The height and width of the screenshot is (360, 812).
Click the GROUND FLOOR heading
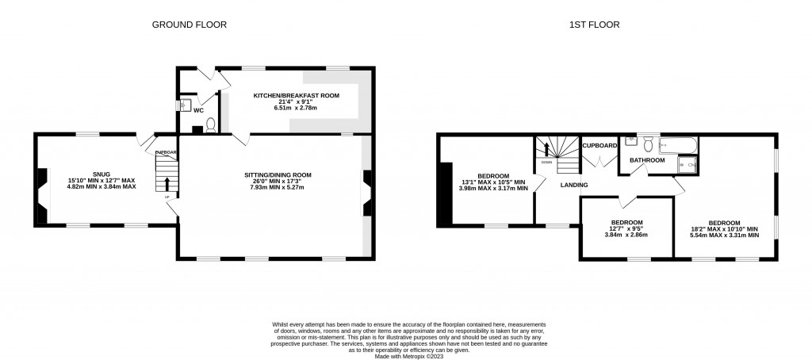(x=190, y=25)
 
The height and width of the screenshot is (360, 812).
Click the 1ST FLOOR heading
(x=594, y=25)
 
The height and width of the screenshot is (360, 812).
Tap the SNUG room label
(x=100, y=174)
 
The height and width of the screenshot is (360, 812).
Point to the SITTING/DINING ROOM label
(x=278, y=175)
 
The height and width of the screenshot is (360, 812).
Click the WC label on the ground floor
(x=198, y=110)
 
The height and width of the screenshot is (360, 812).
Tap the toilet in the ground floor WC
(x=211, y=124)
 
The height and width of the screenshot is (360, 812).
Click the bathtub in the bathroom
(x=678, y=145)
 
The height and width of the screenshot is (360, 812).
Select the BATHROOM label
(x=647, y=160)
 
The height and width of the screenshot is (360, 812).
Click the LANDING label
(x=574, y=185)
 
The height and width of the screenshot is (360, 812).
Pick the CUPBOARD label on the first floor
(x=599, y=146)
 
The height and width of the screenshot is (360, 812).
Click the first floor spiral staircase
(x=555, y=154)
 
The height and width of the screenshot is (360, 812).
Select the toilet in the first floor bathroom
(x=648, y=144)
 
